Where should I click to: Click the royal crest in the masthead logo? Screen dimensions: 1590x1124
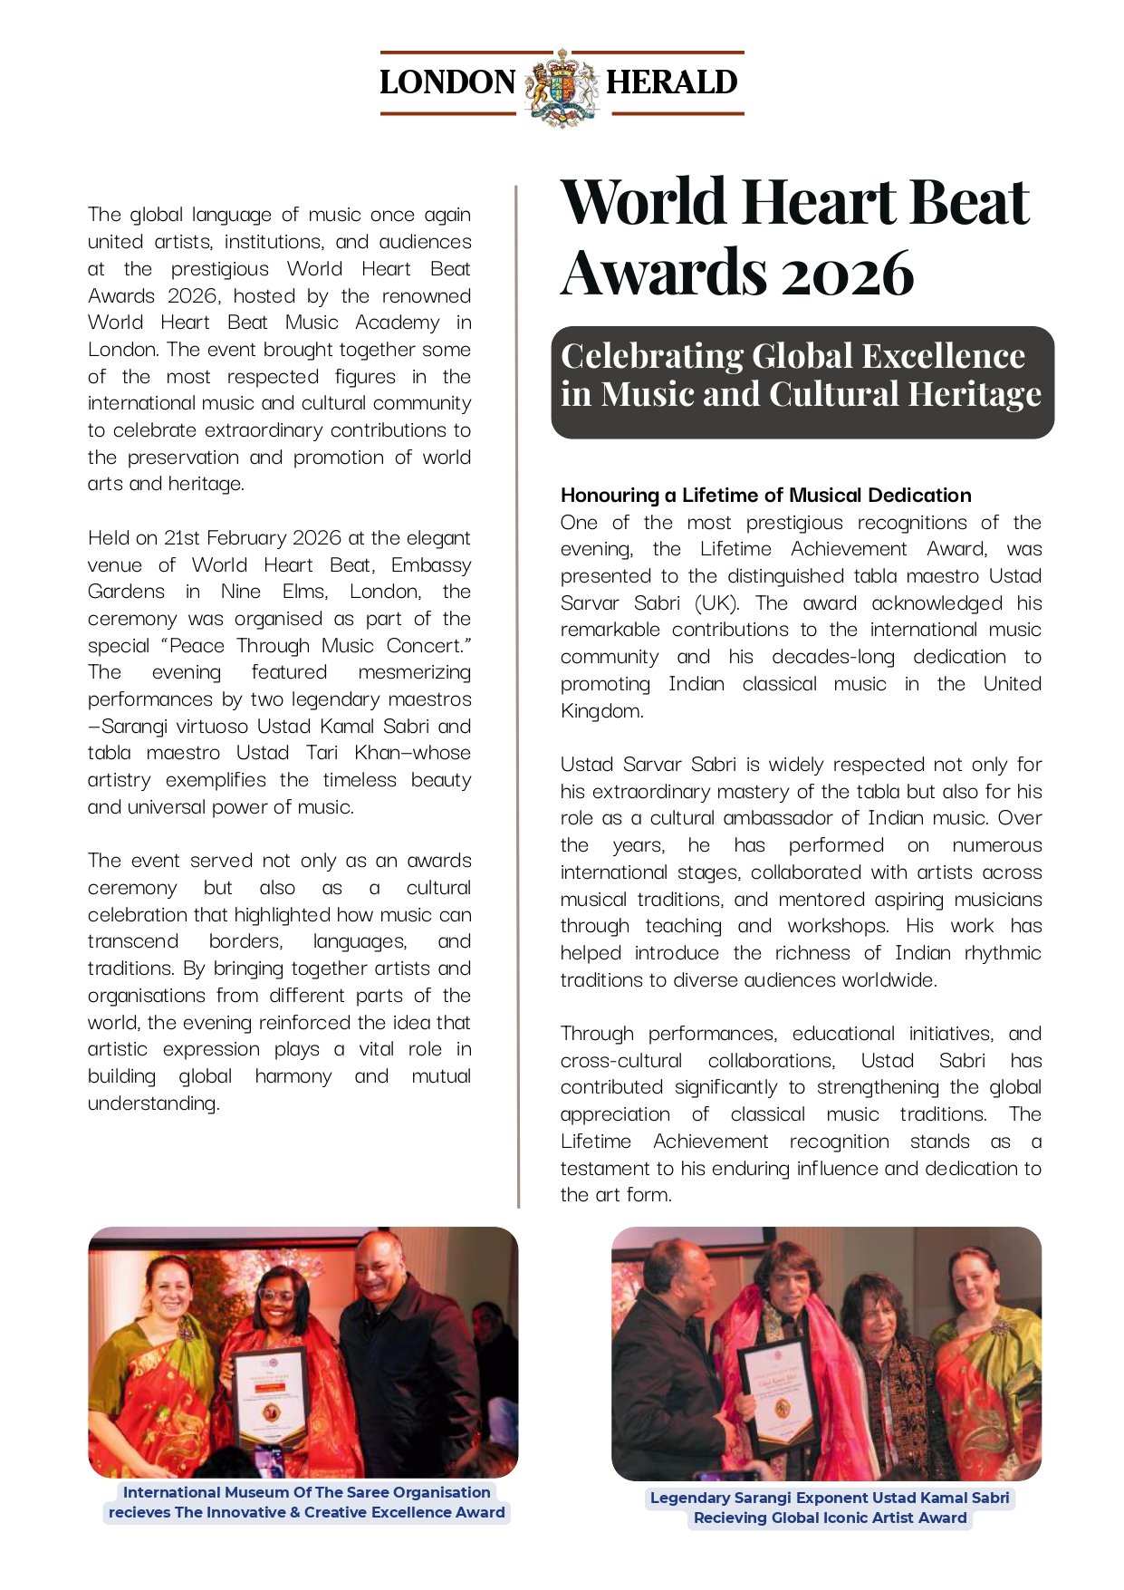coord(562,86)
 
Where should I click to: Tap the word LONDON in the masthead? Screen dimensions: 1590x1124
coord(447,82)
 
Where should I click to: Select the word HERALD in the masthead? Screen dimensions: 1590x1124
coord(671,82)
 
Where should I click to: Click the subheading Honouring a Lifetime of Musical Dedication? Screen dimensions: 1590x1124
coord(765,496)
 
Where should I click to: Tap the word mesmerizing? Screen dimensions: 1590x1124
coord(414,672)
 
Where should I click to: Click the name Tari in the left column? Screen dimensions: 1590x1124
coord(322,753)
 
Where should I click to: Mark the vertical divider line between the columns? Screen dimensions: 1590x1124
coord(518,698)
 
